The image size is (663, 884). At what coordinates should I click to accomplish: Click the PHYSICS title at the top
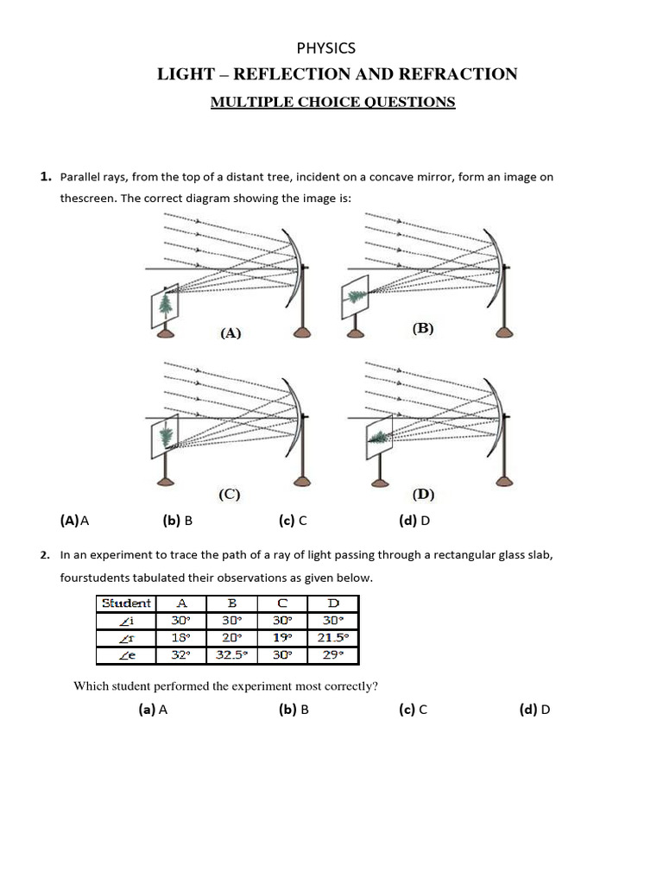pos(326,48)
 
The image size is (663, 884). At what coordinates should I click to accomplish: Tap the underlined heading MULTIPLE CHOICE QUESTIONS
pos(333,102)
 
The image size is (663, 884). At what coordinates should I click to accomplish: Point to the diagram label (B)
pos(423,328)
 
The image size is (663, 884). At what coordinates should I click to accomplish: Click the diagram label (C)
pos(229,494)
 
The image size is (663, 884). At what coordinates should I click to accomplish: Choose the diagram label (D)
pos(423,494)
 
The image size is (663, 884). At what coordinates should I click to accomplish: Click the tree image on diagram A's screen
pos(165,303)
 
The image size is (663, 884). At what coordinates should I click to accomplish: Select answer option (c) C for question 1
pos(293,521)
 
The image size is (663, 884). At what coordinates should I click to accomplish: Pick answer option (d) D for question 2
pos(534,710)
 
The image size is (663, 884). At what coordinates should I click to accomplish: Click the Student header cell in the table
pos(126,603)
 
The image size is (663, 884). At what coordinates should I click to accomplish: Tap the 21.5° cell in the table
pos(332,638)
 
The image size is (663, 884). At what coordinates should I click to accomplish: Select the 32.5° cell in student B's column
pos(231,655)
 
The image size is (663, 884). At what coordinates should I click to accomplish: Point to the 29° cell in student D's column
pos(332,655)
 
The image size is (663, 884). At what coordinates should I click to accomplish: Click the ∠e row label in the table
pos(126,655)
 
